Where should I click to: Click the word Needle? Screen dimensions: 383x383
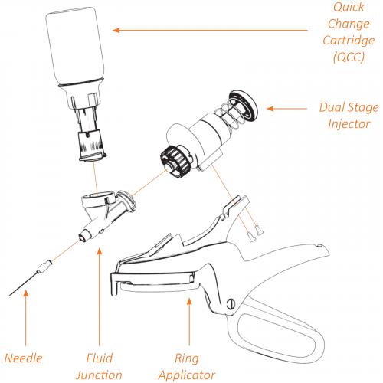click(x=24, y=358)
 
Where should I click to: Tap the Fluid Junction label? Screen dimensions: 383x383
click(x=99, y=367)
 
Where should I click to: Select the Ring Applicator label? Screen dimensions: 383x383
click(x=187, y=367)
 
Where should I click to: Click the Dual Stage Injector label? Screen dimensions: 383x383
click(x=349, y=116)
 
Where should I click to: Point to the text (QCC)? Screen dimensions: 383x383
click(x=349, y=57)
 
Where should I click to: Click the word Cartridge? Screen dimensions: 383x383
click(x=349, y=41)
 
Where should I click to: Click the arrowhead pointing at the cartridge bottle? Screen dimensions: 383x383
click(x=116, y=31)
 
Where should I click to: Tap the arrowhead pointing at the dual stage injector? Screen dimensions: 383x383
click(x=270, y=109)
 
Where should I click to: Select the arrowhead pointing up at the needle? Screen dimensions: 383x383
click(x=26, y=293)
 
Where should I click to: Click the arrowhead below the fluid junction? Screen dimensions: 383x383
click(x=100, y=251)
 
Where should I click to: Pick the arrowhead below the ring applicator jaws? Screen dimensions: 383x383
click(x=189, y=301)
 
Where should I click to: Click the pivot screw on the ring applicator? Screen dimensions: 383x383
click(x=231, y=304)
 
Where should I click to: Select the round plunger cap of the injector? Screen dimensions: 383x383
click(x=244, y=106)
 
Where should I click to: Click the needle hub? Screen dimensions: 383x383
click(x=44, y=266)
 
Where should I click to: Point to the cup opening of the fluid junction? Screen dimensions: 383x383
click(x=97, y=198)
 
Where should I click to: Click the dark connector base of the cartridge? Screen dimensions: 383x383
click(x=92, y=146)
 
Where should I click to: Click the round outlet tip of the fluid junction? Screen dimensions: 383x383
click(x=83, y=236)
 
